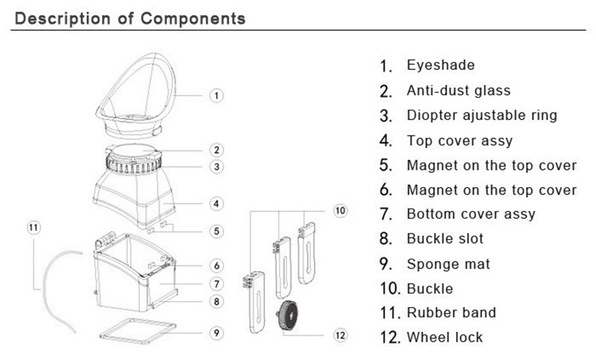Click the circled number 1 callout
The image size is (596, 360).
216,95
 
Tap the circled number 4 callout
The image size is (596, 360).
216,203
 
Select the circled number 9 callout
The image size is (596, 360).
216,332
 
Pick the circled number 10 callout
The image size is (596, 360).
340,211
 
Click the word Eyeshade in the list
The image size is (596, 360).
440,66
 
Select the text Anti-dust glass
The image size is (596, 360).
458,90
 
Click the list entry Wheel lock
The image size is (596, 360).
445,337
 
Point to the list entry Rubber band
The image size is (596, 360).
451,312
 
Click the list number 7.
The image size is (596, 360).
385,215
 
